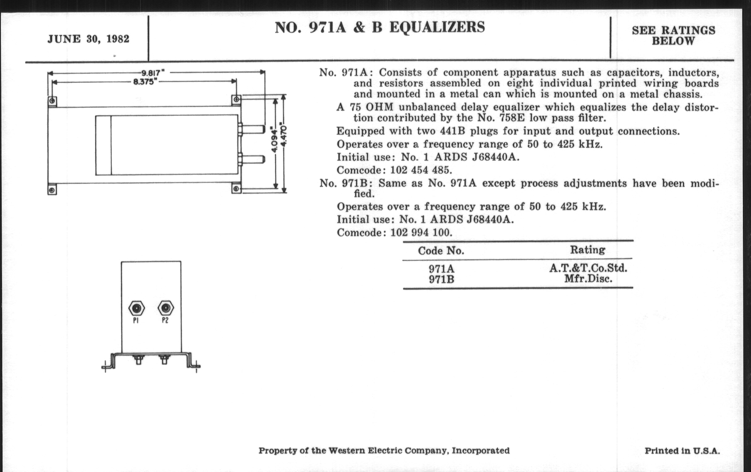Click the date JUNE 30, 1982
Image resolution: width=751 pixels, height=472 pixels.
(x=88, y=39)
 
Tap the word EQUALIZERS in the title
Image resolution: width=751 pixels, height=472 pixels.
(x=437, y=27)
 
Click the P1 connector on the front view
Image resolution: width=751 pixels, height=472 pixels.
(x=136, y=308)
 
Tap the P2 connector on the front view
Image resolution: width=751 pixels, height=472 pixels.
(x=166, y=308)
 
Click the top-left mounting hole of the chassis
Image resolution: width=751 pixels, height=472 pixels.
(x=52, y=101)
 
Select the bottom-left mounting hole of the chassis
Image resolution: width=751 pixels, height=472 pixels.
(x=52, y=190)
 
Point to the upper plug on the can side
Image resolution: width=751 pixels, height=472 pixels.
(x=252, y=129)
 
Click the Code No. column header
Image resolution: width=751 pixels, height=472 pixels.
(x=441, y=251)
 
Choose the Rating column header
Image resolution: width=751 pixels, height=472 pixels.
(x=588, y=250)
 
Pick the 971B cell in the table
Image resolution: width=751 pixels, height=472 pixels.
(x=441, y=279)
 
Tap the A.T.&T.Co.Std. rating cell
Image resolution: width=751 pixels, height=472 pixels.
(x=588, y=268)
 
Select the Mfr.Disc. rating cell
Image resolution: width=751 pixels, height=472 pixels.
(x=588, y=279)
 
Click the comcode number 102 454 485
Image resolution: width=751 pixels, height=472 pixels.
(x=421, y=170)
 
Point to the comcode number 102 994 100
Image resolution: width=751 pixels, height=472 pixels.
(x=421, y=232)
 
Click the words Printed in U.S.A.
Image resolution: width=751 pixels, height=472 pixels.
(x=682, y=451)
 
